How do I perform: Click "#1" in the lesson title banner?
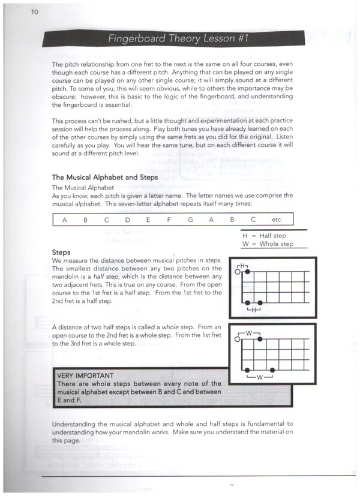pyautogui.click(x=239, y=39)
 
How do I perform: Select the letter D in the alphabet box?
pyautogui.click(x=127, y=220)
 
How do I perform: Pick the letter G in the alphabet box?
pyautogui.click(x=190, y=220)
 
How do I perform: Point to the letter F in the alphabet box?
pyautogui.click(x=169, y=220)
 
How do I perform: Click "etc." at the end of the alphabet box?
pyautogui.click(x=277, y=220)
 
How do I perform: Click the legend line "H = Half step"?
pyautogui.click(x=264, y=236)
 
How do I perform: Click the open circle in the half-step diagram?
pyautogui.click(x=238, y=272)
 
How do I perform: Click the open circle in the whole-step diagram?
pyautogui.click(x=238, y=339)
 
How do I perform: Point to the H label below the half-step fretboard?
pyautogui.click(x=253, y=310)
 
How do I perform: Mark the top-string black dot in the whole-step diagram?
pyautogui.click(x=260, y=339)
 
